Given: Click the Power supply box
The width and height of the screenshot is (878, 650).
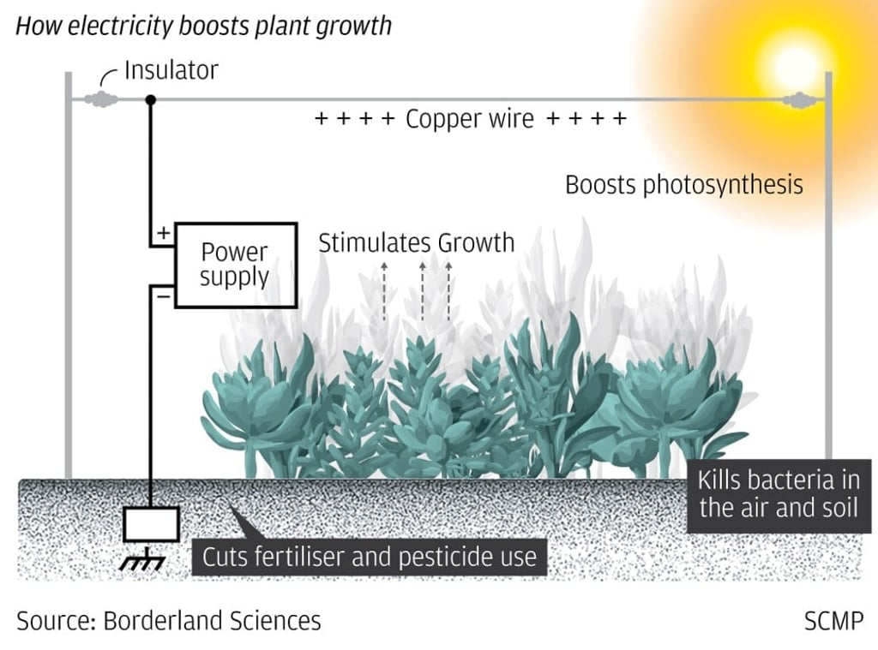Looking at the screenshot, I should click(x=235, y=264).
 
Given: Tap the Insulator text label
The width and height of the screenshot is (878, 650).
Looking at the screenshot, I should click(x=171, y=70).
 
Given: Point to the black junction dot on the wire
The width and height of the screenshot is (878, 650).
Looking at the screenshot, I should click(x=151, y=99).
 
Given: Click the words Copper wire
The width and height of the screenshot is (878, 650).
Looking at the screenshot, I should click(x=470, y=119).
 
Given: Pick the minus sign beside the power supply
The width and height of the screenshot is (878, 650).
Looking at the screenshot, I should click(x=161, y=295).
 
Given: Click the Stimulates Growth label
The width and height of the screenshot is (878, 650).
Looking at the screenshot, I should click(x=416, y=243).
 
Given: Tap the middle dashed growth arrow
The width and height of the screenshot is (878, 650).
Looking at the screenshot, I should click(x=423, y=289).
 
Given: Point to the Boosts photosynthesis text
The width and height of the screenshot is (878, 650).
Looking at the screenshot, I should click(x=684, y=184).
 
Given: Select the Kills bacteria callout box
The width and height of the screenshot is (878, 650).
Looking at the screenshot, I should click(x=778, y=495).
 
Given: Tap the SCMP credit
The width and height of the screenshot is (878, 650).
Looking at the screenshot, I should click(x=833, y=621).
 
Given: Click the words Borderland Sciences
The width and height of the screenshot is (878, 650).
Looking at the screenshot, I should click(x=212, y=621).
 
